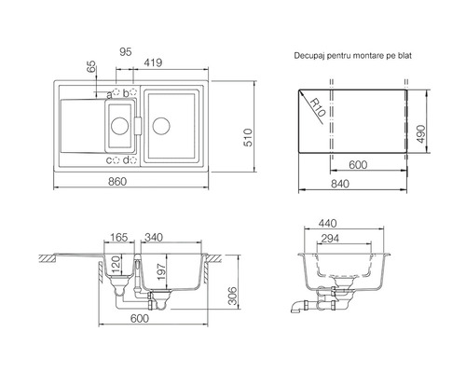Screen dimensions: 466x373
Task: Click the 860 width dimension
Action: coord(117,182)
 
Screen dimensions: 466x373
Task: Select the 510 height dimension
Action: coord(248,137)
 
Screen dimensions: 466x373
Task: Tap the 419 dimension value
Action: coord(153,62)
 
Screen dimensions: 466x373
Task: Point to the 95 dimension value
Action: coord(126,52)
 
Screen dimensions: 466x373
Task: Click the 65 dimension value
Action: coord(92,66)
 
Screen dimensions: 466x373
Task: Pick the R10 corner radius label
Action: coord(318,106)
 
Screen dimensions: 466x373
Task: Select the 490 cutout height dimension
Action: coord(420,134)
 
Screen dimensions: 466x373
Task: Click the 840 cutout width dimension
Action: coord(340,184)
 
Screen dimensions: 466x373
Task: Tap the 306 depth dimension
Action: coord(232,296)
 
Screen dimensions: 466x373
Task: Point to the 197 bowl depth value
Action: coord(162,271)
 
